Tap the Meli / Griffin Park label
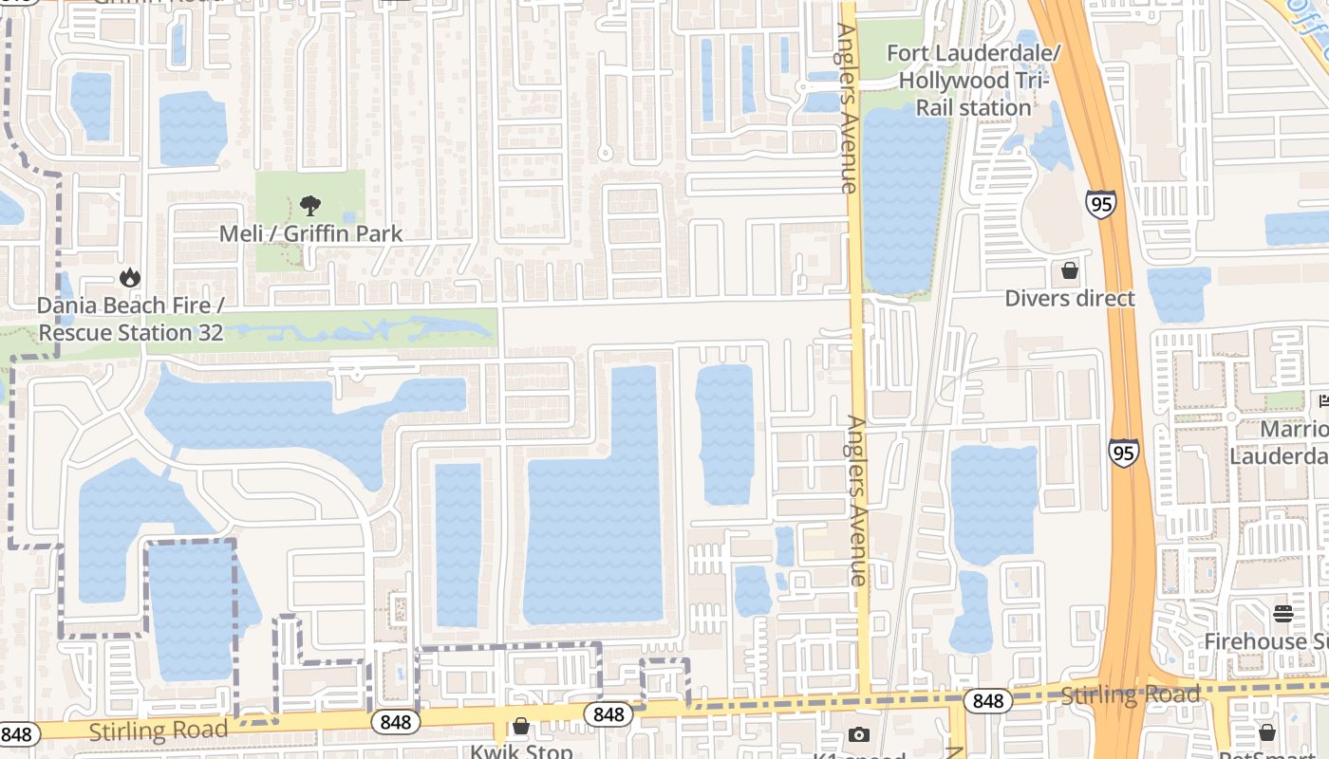click(x=311, y=233)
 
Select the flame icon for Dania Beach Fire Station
click(x=130, y=277)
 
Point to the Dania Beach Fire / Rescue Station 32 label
click(x=131, y=320)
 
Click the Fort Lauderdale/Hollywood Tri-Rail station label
click(x=973, y=80)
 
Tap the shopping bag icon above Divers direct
click(x=1070, y=270)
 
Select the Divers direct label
click(x=1070, y=299)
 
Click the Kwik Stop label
click(x=522, y=751)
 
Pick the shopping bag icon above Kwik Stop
click(x=521, y=727)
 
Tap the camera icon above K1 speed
click(x=859, y=734)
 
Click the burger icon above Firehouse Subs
click(x=1283, y=613)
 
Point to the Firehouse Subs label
click(x=1267, y=642)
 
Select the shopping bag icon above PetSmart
click(x=1267, y=732)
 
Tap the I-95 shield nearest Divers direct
click(x=1101, y=202)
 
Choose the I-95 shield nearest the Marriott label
click(x=1124, y=453)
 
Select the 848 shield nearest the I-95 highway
click(x=988, y=701)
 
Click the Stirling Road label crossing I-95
click(x=1130, y=694)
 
